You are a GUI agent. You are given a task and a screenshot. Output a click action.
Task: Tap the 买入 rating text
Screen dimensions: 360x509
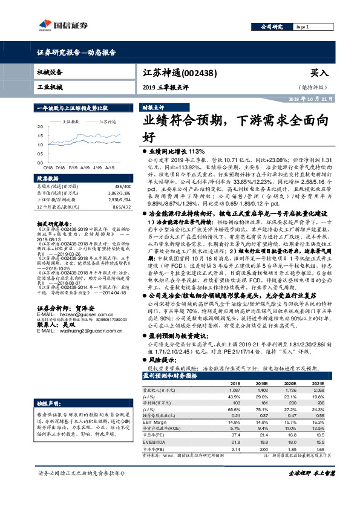[x=319, y=72]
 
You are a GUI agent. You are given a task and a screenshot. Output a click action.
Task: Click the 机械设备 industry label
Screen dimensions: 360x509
[x=50, y=71]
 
